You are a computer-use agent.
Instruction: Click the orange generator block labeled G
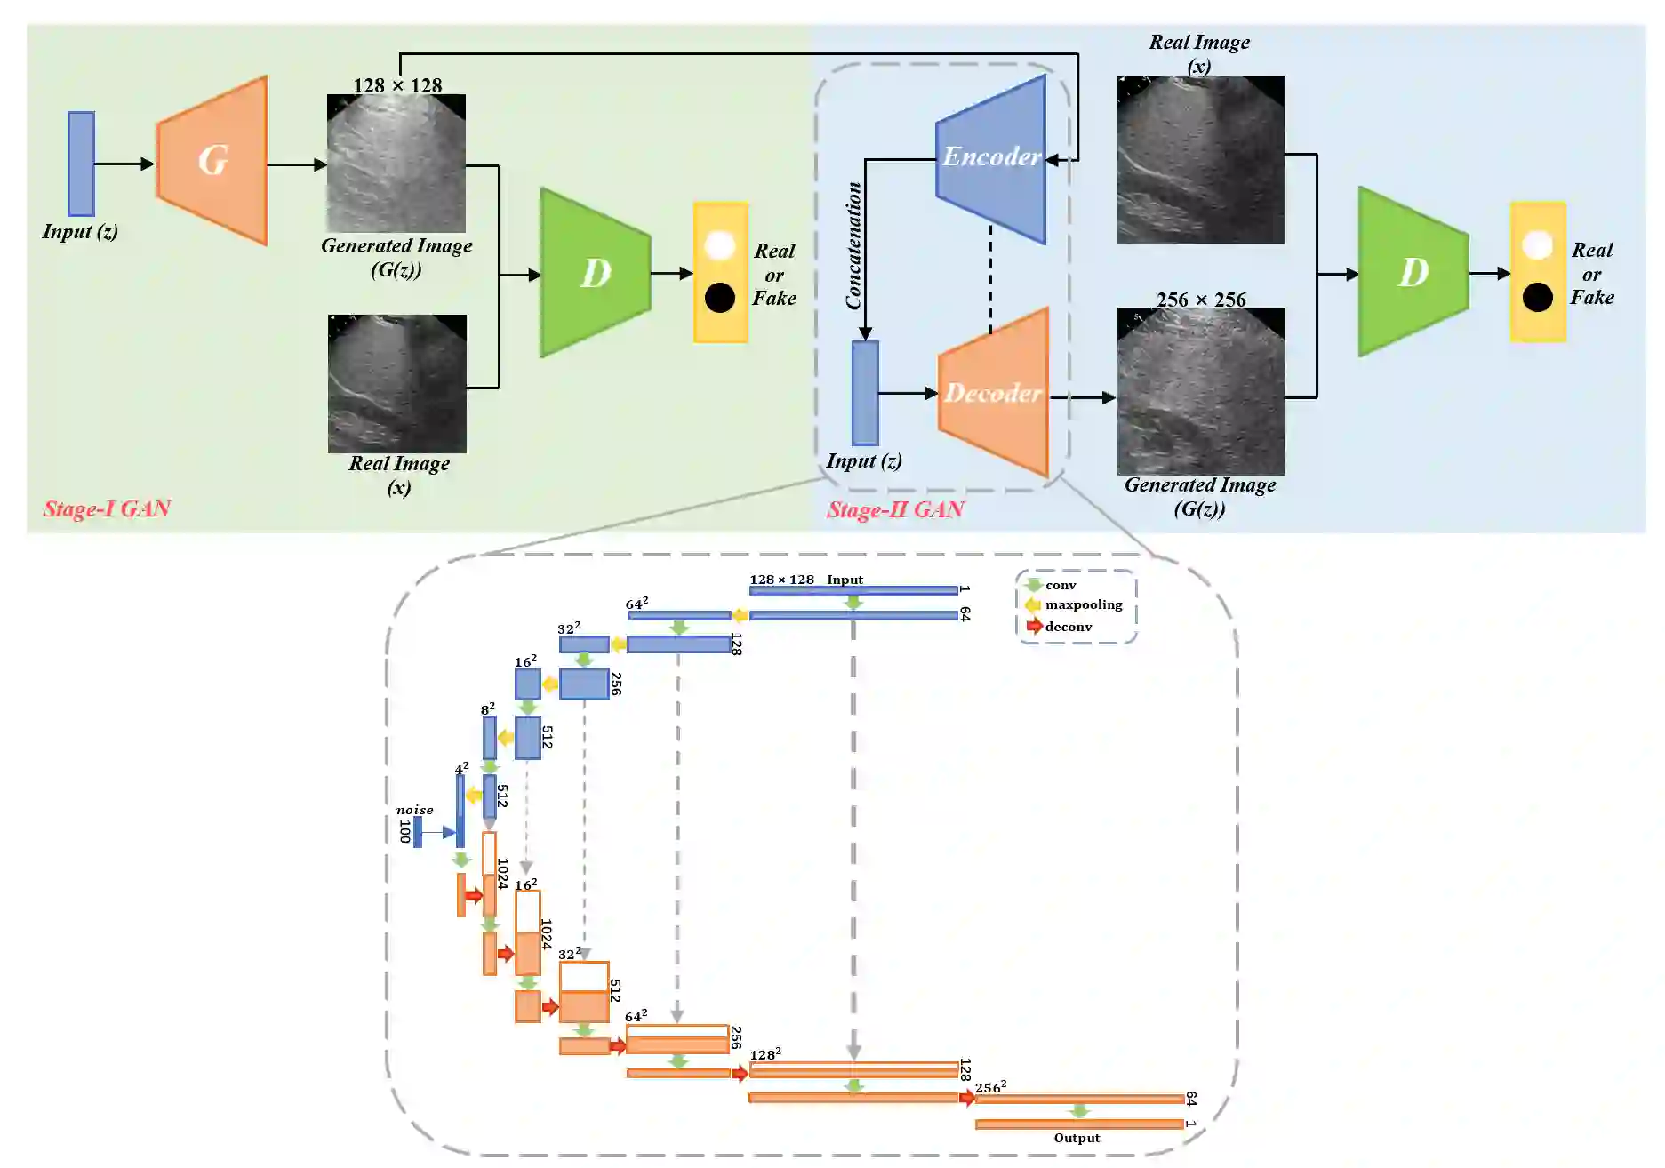click(x=212, y=161)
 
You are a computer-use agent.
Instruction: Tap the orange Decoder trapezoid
click(x=994, y=392)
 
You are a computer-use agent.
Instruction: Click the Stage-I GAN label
click(x=107, y=508)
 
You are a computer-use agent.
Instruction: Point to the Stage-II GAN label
click(x=895, y=510)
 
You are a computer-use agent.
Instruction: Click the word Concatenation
click(x=853, y=246)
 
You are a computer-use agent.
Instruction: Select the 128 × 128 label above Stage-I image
click(x=397, y=85)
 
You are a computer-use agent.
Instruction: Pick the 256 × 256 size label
click(x=1201, y=300)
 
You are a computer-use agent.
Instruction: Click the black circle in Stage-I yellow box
click(x=720, y=298)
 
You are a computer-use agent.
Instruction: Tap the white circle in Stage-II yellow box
click(x=1537, y=245)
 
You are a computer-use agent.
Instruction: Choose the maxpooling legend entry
click(x=1083, y=605)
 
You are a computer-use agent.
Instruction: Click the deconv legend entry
click(x=1068, y=627)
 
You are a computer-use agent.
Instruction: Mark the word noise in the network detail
click(x=414, y=810)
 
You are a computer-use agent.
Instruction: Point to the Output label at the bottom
click(x=1077, y=1138)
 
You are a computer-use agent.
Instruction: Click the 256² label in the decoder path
click(x=990, y=1087)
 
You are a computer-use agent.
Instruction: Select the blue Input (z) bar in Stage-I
click(x=82, y=164)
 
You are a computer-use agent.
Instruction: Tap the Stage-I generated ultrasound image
click(x=396, y=164)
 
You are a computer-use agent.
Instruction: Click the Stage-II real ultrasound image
click(x=1200, y=160)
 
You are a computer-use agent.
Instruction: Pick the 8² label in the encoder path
click(x=487, y=709)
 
